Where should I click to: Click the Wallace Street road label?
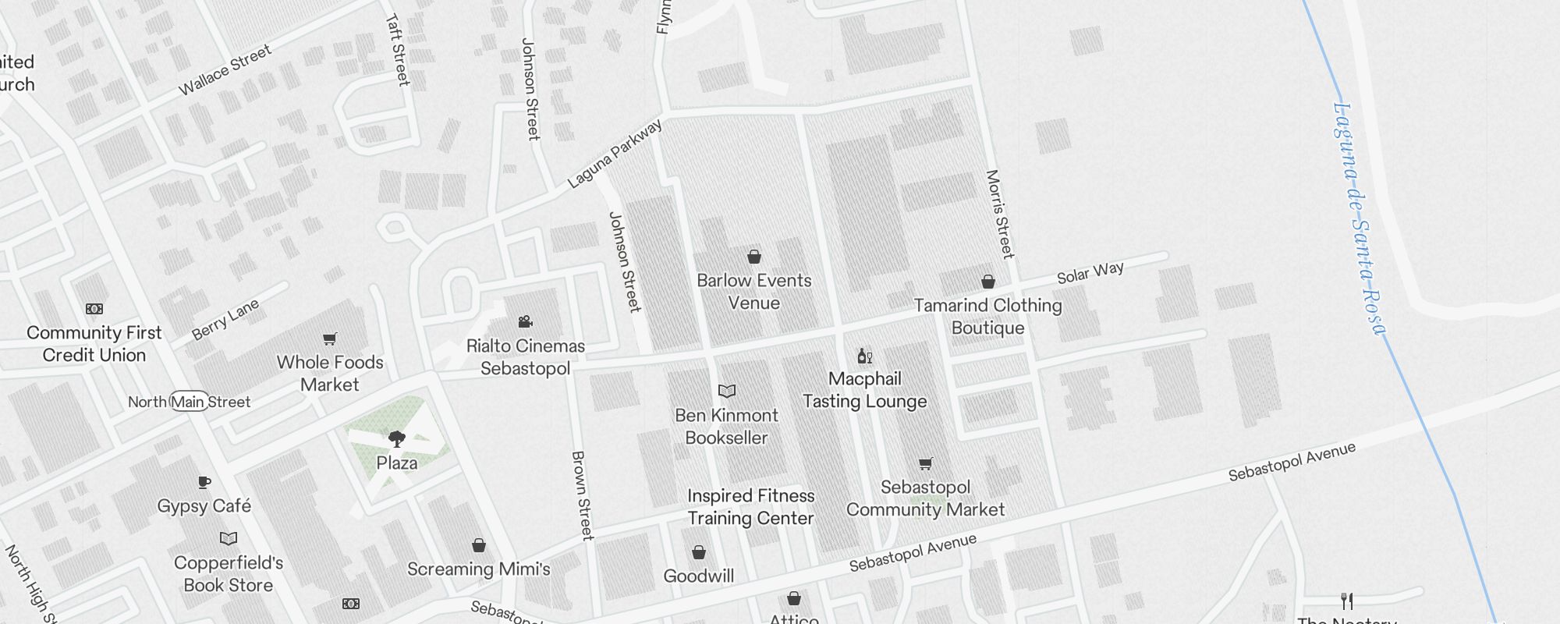[x=225, y=70]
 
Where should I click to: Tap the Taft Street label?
[x=398, y=50]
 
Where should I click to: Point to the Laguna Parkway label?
[x=615, y=154]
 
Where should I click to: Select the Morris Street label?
[x=1000, y=214]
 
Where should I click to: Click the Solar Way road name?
[x=1090, y=272]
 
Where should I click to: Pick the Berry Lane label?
[x=225, y=320]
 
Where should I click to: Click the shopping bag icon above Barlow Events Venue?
[x=754, y=257]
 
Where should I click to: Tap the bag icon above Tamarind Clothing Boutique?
[x=988, y=282]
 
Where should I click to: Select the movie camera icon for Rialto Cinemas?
[x=525, y=322]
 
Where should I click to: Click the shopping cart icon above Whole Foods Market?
[x=330, y=339]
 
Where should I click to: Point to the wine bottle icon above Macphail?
[x=864, y=356]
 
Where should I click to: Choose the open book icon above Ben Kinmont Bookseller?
[x=726, y=391]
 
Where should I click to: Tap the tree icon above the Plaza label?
[x=396, y=439]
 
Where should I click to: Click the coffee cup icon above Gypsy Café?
[x=204, y=482]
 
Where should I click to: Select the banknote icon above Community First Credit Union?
[x=94, y=309]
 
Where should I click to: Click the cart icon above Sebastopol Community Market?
[x=925, y=464]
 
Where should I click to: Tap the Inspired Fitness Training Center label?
[x=750, y=507]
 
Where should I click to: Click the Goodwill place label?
[x=698, y=576]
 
